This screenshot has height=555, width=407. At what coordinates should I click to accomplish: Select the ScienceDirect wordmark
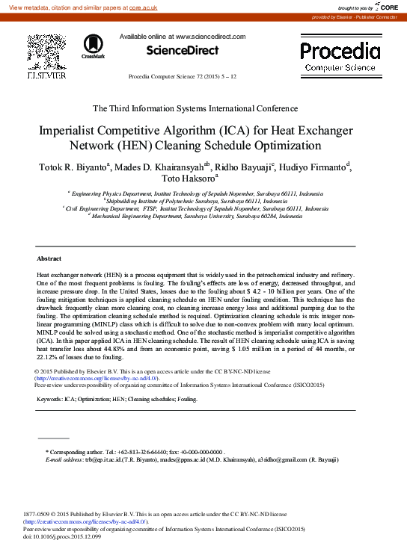pyautogui.click(x=183, y=51)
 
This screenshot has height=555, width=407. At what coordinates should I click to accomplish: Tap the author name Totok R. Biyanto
pyautogui.click(x=73, y=167)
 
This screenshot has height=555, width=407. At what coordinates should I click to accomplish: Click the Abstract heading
pyautogui.click(x=49, y=258)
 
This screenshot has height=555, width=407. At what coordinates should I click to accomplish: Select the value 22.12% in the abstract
pyautogui.click(x=49, y=357)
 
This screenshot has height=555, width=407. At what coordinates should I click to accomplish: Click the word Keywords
pyautogui.click(x=49, y=400)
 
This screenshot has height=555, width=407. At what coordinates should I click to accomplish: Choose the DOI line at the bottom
pyautogui.click(x=61, y=536)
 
